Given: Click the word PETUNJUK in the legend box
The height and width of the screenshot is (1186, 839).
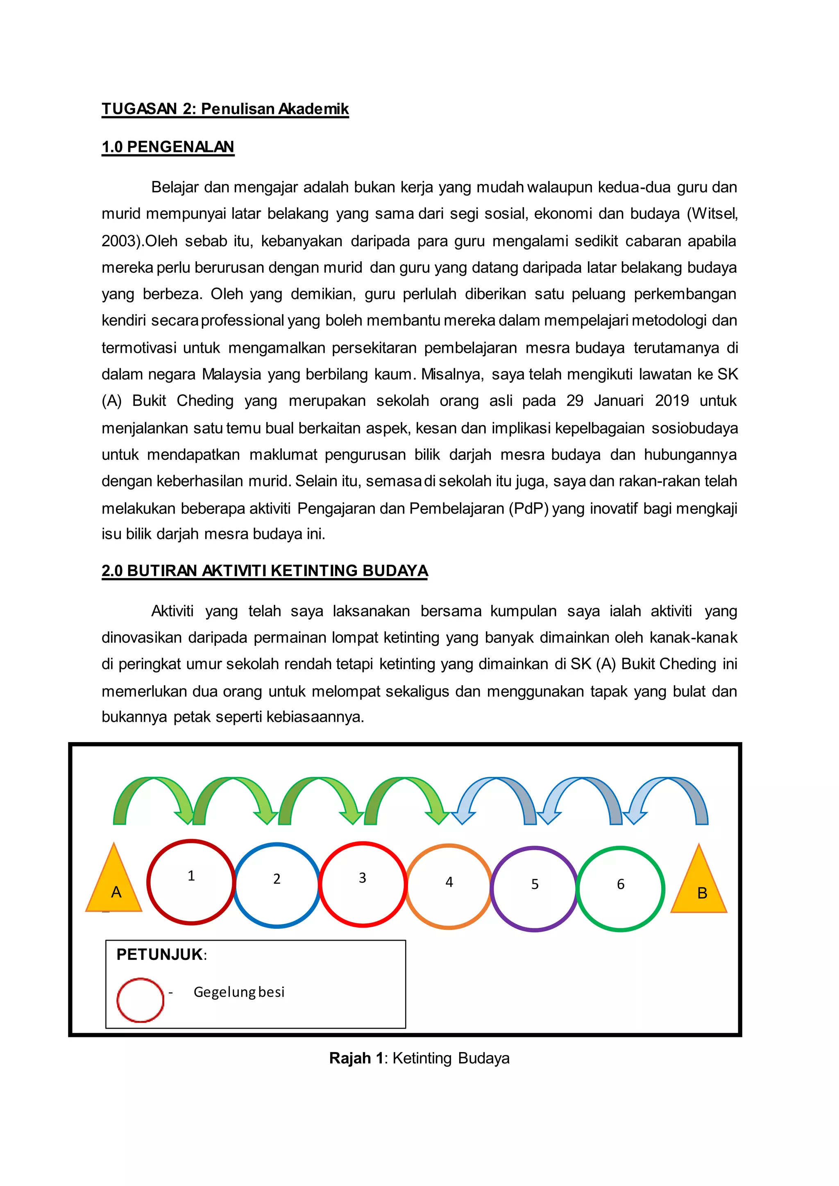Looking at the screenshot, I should click(160, 955).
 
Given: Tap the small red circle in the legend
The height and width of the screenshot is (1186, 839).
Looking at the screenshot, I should click(140, 1000).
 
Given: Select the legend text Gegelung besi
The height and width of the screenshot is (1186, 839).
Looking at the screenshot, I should click(239, 992).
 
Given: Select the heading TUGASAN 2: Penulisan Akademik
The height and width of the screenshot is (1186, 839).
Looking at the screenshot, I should click(225, 109).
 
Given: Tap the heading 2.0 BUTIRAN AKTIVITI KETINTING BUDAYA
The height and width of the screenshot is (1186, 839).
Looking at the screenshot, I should click(265, 571).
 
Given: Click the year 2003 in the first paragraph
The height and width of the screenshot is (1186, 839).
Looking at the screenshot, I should click(119, 241).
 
